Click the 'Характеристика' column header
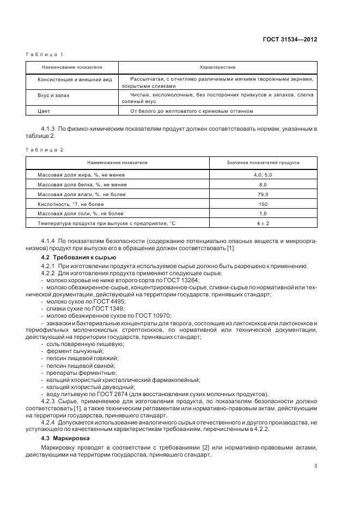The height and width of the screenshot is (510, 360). [217, 67]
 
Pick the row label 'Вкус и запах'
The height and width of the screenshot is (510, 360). [53, 95]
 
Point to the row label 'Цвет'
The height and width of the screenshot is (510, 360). [44, 111]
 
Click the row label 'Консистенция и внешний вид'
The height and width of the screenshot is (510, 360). [75, 80]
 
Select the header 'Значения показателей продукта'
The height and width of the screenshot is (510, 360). [263, 162]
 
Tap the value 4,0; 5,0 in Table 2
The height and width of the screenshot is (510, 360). [263, 175]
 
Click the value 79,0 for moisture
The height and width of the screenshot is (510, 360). [263, 194]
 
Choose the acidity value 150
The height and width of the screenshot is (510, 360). [263, 204]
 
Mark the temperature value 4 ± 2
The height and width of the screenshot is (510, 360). [263, 223]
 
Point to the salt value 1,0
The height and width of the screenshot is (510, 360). [263, 214]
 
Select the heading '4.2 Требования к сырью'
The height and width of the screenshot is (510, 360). [71, 257]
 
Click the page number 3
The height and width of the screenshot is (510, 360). [315, 465]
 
